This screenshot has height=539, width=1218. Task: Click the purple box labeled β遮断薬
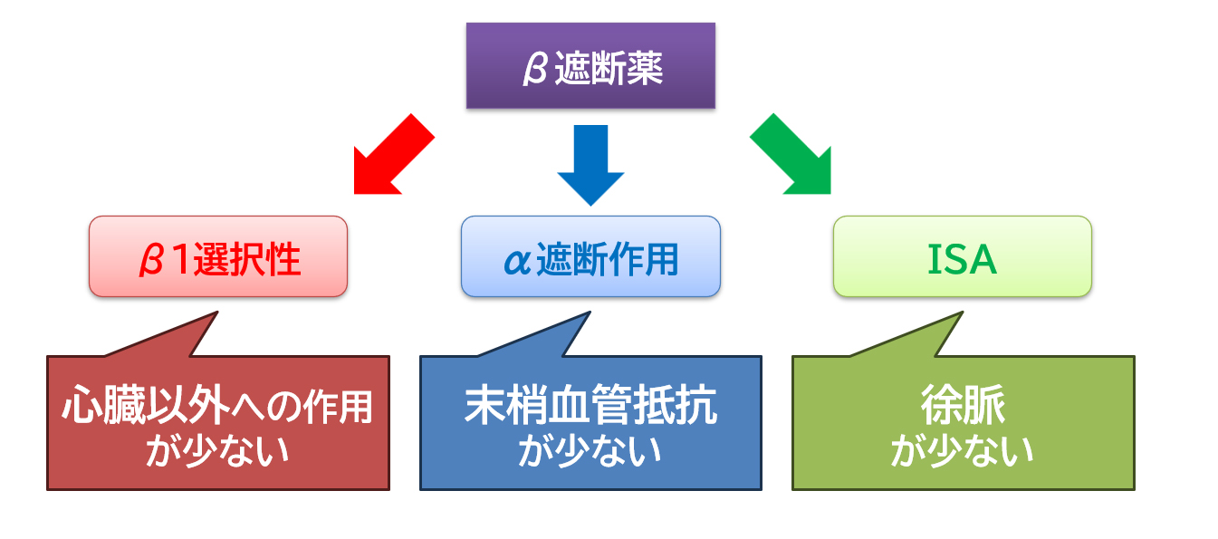coord(590,65)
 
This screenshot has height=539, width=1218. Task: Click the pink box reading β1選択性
coord(218,256)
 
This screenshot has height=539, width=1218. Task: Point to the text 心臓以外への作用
coord(217,408)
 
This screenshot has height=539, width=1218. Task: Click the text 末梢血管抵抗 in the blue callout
coord(590,407)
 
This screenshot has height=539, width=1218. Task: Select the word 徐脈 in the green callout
coord(963,407)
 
